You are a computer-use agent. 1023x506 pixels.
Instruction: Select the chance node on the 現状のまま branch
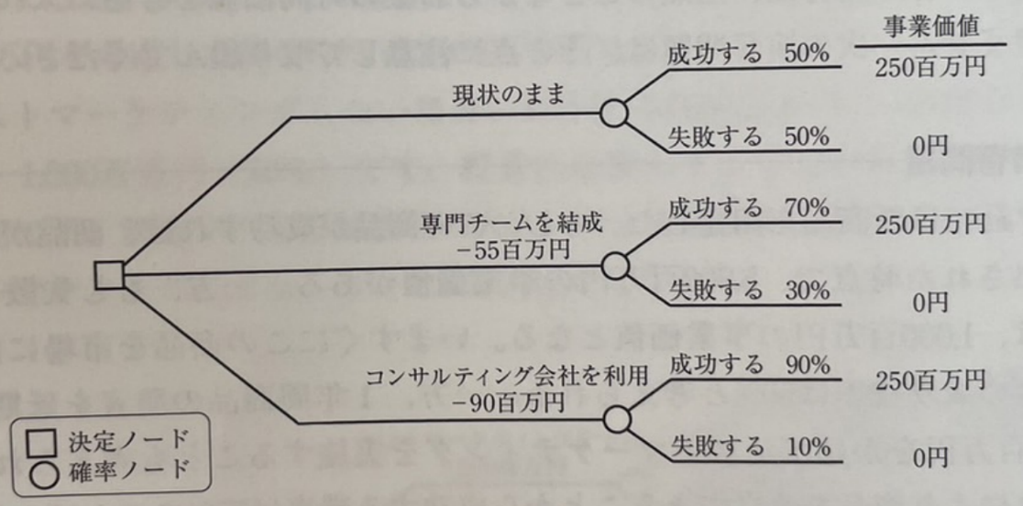(x=613, y=113)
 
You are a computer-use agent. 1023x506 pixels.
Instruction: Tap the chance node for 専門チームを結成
(x=614, y=265)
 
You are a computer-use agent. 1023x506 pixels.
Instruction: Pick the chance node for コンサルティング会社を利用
(x=616, y=419)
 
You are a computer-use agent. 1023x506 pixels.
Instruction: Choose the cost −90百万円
(x=518, y=401)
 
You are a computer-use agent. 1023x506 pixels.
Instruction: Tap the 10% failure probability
(x=808, y=446)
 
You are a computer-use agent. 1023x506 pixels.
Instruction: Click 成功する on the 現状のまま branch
(x=715, y=54)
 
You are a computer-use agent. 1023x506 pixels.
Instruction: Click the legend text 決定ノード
(x=126, y=440)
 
